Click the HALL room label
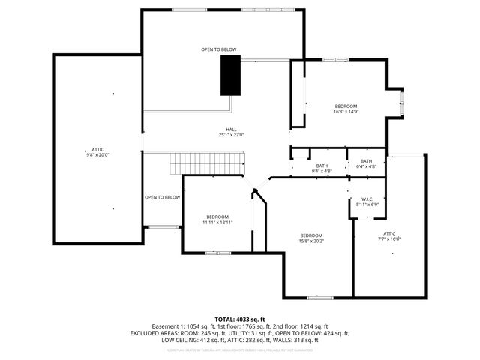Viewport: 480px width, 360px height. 232,129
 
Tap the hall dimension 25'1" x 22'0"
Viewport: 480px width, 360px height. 232,135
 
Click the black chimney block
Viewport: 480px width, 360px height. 229,76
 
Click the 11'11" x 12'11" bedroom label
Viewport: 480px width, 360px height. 217,220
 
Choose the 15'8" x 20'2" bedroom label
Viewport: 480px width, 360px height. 311,238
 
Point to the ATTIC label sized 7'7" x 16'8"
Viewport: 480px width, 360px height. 390,236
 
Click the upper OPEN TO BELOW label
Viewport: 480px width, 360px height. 219,50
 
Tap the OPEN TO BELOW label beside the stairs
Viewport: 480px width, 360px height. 163,197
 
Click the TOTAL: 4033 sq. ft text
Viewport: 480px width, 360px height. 240,319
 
